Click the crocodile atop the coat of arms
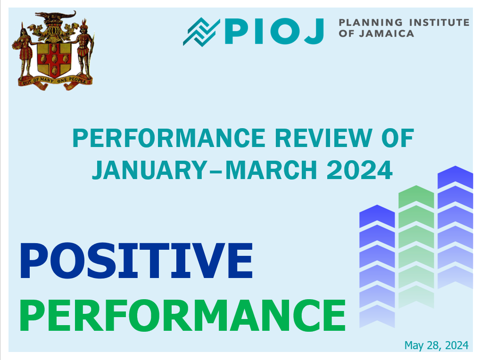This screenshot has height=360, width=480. (x=55, y=15)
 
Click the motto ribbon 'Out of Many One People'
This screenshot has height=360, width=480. (x=55, y=82)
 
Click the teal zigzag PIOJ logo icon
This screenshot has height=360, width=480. (x=201, y=32)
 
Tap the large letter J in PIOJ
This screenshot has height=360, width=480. (x=314, y=31)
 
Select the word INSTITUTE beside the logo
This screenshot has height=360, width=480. (x=439, y=22)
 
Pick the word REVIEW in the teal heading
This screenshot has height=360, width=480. (x=323, y=138)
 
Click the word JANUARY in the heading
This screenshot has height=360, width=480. (x=149, y=170)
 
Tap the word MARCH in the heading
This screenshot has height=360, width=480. (x=271, y=170)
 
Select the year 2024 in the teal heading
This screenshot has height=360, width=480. (x=359, y=170)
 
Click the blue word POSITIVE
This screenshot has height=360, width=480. (x=136, y=260)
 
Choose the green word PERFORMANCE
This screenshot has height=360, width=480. (x=182, y=316)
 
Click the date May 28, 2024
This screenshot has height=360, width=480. (x=436, y=345)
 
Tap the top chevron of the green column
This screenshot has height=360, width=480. (x=416, y=197)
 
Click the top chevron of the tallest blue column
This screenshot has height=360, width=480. (x=455, y=177)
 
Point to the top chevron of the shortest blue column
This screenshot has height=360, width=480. (x=377, y=216)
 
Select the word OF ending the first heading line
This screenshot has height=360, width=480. (x=397, y=138)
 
